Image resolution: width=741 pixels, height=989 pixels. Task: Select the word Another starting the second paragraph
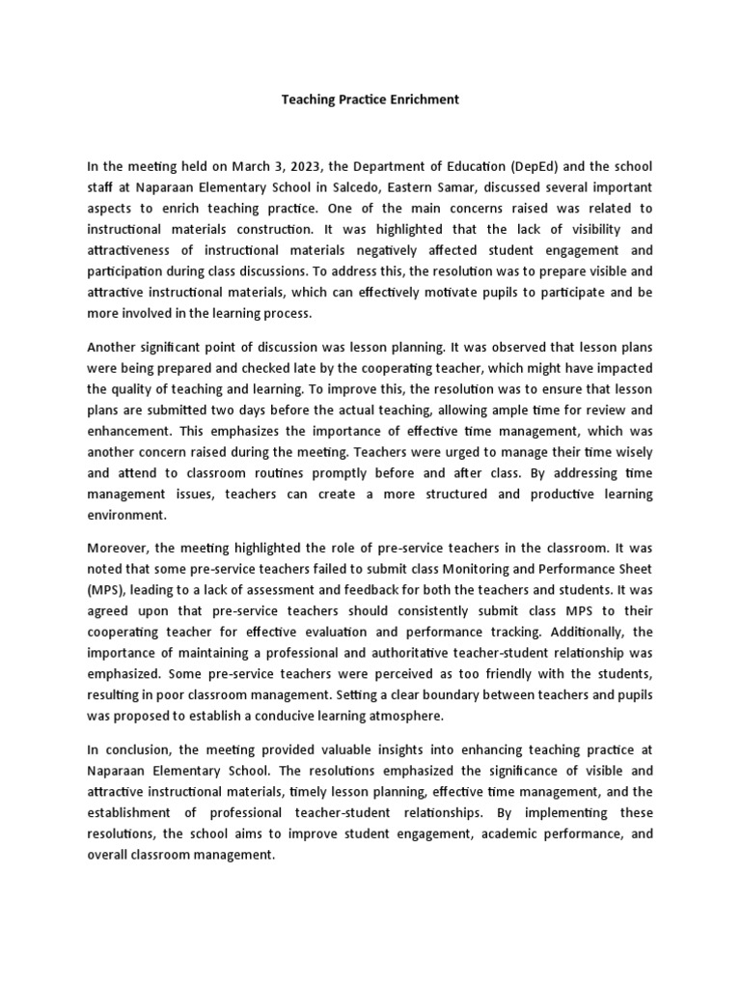[x=114, y=347]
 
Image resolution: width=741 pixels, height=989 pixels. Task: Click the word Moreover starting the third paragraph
[x=119, y=550]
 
